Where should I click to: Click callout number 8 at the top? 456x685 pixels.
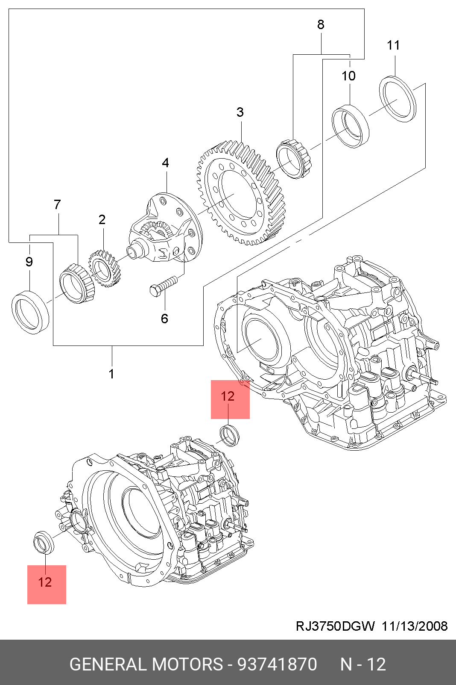coord(320,24)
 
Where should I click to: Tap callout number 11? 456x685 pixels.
coord(393,45)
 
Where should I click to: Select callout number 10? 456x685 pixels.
coord(348,76)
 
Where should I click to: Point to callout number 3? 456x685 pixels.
coord(240,112)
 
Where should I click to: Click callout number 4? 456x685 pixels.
coord(165,163)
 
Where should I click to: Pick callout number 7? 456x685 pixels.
coord(57,204)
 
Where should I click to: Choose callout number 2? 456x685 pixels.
coord(102,219)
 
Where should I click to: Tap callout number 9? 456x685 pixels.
coord(29,262)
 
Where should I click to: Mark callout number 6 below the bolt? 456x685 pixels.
coord(165,319)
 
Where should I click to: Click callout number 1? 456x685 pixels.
coord(111,374)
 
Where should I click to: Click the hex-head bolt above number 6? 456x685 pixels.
coord(164,285)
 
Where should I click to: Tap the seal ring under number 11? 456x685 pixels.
coord(398,100)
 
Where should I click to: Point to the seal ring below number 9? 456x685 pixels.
coord(30,313)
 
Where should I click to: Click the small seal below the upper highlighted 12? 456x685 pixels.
coord(230,435)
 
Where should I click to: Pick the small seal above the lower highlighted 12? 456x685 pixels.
coord(44,542)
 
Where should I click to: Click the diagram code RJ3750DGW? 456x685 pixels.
coord(335,626)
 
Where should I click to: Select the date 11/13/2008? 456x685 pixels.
coord(415,626)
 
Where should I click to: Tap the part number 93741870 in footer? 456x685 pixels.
coord(277,664)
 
